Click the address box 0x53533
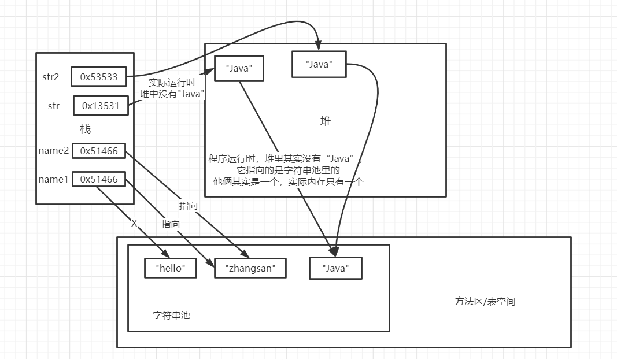click(99, 76)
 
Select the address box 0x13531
click(101, 105)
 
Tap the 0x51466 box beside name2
click(99, 151)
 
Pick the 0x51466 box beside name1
click(99, 179)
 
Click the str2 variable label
click(51, 76)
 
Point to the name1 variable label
click(54, 179)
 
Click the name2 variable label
click(54, 151)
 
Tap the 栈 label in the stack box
click(85, 128)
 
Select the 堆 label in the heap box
click(326, 121)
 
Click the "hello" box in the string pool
click(170, 268)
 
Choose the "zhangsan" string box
click(250, 268)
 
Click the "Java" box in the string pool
click(335, 268)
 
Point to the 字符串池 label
click(171, 316)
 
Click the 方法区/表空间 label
click(485, 301)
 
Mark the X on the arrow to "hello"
click(134, 223)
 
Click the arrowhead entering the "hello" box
click(165, 254)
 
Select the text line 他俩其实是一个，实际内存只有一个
click(287, 181)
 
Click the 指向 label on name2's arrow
click(189, 205)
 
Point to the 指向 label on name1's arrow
click(171, 224)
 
